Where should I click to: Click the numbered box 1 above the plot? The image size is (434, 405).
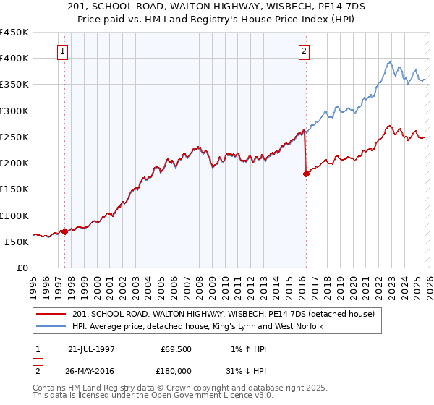(x=64, y=51)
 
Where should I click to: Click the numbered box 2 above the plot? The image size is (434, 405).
(x=304, y=51)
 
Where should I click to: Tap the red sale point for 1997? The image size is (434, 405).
(x=64, y=231)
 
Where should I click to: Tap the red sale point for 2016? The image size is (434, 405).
(x=306, y=174)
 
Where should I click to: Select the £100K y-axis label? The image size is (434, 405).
(x=14, y=216)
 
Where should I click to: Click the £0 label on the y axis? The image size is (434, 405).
(x=23, y=268)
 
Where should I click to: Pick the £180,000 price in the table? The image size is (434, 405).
(x=176, y=370)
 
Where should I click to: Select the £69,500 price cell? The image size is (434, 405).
(x=176, y=349)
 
